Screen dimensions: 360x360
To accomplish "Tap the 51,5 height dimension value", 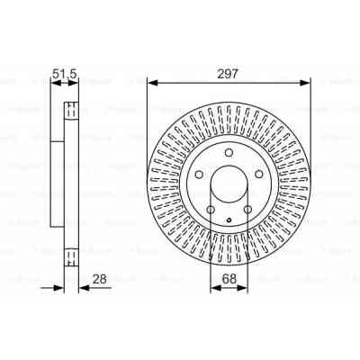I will (x=63, y=73).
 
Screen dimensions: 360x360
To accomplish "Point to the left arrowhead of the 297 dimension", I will (x=151, y=83).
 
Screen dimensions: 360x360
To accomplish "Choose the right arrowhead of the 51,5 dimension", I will (x=76, y=83).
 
